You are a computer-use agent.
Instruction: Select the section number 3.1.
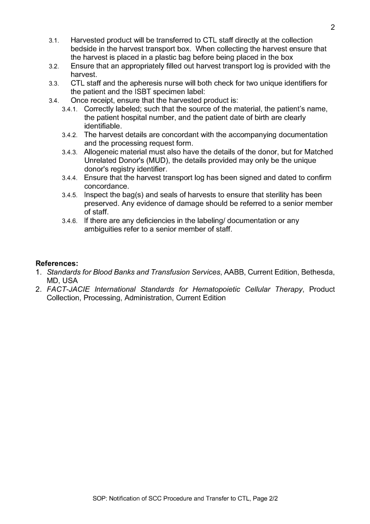(54, 40)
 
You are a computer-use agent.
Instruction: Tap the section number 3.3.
(54, 83)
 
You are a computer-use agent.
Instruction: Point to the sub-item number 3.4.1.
(70, 110)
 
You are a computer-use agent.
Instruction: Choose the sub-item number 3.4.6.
(70, 221)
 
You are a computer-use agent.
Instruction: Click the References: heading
(57, 264)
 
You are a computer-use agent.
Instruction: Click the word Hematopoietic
(228, 290)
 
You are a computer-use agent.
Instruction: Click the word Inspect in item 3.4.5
(97, 195)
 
